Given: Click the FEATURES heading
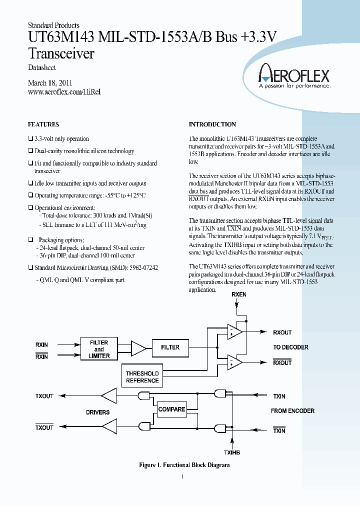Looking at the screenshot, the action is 43,124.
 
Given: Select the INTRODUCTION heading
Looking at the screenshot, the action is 212,124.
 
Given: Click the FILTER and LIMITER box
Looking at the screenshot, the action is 99,349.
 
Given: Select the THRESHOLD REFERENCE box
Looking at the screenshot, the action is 142,377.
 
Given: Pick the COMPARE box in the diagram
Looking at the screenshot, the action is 171,409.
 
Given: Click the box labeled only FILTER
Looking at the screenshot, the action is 170,347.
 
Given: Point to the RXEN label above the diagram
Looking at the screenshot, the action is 239,295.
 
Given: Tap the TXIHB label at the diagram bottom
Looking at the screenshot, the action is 232,452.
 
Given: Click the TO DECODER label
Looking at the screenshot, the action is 290,347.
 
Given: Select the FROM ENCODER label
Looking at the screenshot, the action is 292,411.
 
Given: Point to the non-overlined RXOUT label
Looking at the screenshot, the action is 282,332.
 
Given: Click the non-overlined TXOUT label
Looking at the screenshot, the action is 44,396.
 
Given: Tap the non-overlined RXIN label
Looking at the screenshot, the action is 41,344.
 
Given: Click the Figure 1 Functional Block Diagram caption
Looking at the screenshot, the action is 184,465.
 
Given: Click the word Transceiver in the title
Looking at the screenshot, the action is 61,53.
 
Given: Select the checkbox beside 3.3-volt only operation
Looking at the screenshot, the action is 30,139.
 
